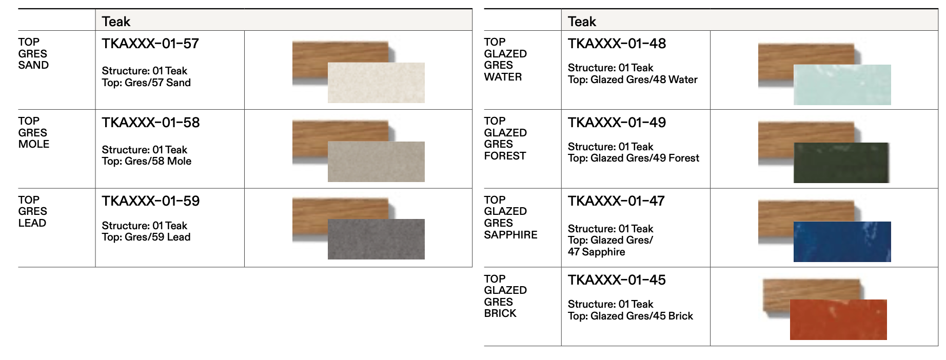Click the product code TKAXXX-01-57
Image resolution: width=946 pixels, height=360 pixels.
pyautogui.click(x=150, y=44)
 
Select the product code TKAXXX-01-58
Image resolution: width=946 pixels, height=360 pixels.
pyautogui.click(x=150, y=123)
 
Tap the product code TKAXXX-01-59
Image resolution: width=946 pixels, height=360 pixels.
pyautogui.click(x=150, y=201)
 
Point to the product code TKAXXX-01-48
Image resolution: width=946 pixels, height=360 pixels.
pyautogui.click(x=617, y=44)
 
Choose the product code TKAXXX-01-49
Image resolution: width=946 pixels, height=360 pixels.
pyautogui.click(x=617, y=123)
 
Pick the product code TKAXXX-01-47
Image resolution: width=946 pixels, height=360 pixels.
pyautogui.click(x=616, y=201)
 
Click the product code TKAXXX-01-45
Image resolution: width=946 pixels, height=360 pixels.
pyautogui.click(x=617, y=280)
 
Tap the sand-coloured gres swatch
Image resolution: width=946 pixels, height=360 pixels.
pyautogui.click(x=376, y=83)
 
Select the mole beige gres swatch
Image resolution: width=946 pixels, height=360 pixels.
pyautogui.click(x=376, y=162)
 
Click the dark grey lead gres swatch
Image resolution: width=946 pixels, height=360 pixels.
pyautogui.click(x=376, y=239)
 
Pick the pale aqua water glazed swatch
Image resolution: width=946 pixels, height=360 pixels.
pyautogui.click(x=842, y=85)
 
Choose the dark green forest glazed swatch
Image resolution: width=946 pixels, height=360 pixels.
pyautogui.click(x=841, y=163)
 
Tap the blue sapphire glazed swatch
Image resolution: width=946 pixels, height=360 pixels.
pyautogui.click(x=842, y=242)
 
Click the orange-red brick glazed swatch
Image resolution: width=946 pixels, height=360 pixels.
pyautogui.click(x=838, y=319)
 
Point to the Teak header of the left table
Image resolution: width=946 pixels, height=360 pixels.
pyautogui.click(x=116, y=22)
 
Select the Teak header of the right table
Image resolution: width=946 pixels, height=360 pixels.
pyautogui.click(x=582, y=22)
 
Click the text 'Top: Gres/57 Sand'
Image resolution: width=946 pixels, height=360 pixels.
pyautogui.click(x=146, y=83)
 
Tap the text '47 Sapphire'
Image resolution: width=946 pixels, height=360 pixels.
pyautogui.click(x=596, y=252)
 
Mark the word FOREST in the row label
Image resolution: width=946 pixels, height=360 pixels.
pyautogui.click(x=505, y=156)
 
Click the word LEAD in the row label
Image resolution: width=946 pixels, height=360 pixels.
pyautogui.click(x=32, y=223)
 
